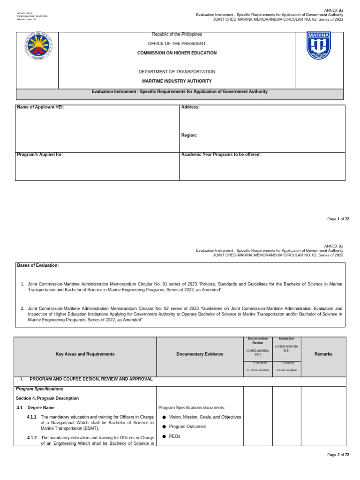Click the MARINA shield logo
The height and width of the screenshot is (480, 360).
click(x=319, y=46)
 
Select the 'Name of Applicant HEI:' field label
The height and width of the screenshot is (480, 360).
click(x=40, y=107)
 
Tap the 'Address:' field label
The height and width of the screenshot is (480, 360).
click(x=190, y=107)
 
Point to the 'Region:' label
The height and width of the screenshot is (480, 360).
click(x=189, y=135)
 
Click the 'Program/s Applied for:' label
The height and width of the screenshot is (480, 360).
click(x=40, y=155)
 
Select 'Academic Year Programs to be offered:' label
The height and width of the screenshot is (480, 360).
click(x=221, y=155)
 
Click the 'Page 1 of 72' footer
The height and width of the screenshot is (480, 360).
click(x=338, y=219)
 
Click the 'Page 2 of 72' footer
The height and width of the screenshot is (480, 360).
click(x=338, y=455)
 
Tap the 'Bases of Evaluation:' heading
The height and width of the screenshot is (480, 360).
click(x=38, y=265)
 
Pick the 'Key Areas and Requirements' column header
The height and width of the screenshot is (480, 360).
click(x=85, y=354)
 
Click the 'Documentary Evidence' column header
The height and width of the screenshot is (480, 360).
click(x=200, y=354)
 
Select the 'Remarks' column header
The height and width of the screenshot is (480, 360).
click(x=323, y=354)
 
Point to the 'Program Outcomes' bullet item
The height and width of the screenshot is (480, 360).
click(x=187, y=427)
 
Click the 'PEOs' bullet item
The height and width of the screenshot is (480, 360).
click(x=175, y=436)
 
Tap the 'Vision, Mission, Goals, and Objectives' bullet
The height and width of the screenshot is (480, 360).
click(x=205, y=417)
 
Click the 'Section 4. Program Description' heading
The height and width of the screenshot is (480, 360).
click(x=47, y=398)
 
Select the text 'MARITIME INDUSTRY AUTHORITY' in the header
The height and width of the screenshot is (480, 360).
click(x=177, y=81)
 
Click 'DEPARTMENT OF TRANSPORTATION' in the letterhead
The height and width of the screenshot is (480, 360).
click(x=177, y=72)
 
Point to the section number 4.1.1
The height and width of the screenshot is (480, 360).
click(x=32, y=417)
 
